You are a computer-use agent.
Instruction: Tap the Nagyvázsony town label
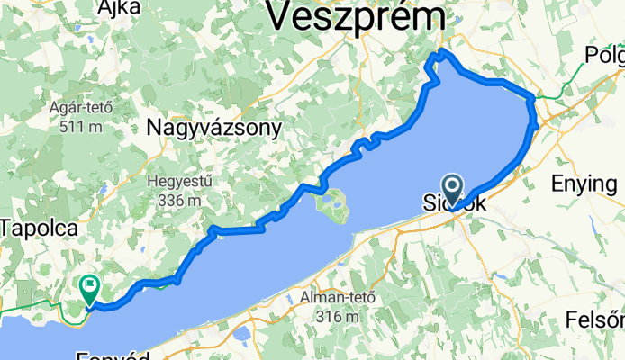click(213, 129)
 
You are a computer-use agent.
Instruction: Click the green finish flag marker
click(90, 287)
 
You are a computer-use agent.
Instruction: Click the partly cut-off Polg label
click(603, 55)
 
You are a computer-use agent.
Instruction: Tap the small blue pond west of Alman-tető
click(241, 334)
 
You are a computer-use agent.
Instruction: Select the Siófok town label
click(455, 205)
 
